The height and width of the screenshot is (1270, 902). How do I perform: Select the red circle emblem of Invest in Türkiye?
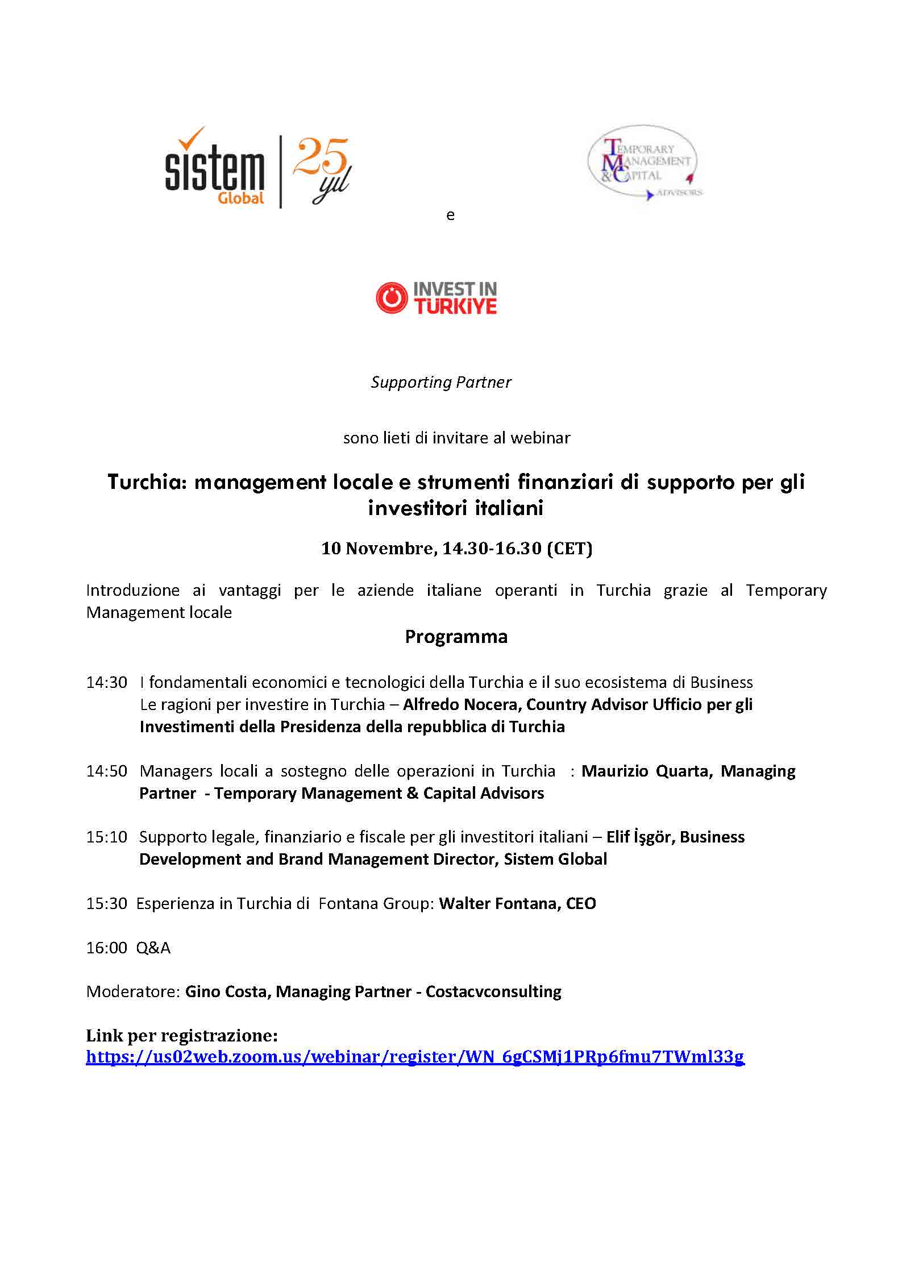392,298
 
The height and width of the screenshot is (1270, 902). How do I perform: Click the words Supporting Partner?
441,382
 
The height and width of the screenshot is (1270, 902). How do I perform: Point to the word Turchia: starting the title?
147,482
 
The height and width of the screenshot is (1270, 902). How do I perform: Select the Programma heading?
456,636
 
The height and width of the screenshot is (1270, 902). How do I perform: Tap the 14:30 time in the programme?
106,682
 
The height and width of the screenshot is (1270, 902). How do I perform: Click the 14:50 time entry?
106,771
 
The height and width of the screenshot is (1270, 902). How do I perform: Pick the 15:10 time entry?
106,837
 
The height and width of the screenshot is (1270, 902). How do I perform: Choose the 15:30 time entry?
106,903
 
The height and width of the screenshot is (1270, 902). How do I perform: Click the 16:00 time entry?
106,948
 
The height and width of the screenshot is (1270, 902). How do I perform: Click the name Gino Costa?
226,991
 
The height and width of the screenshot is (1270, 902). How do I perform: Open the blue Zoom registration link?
415,1057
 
